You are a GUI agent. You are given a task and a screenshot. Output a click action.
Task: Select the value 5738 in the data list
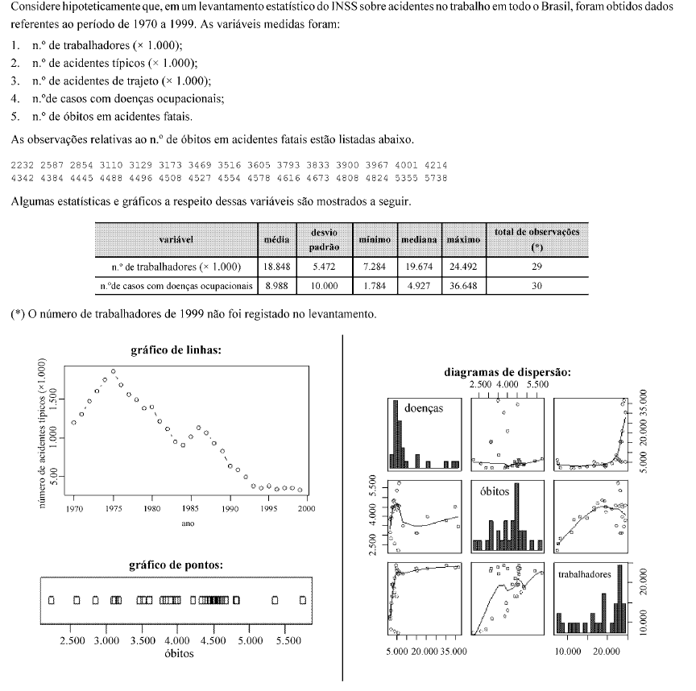coord(437,177)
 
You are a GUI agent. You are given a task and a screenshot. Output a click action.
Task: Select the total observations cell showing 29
coord(536,267)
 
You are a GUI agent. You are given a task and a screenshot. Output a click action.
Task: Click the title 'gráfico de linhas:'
coord(176,350)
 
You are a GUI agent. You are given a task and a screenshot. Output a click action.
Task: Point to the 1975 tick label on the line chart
coord(113,509)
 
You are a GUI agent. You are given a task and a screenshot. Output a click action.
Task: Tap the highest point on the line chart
coord(113,372)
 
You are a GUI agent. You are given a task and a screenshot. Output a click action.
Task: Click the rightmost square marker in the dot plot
coord(302,601)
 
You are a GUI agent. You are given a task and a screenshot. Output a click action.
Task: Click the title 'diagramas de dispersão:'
coord(507,372)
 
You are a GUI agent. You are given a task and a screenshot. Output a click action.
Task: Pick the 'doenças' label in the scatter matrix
coord(424,408)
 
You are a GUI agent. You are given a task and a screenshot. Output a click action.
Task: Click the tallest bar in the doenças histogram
coord(396,435)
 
